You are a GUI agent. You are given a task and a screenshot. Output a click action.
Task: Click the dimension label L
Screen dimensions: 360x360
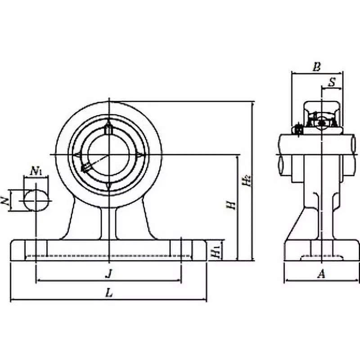click(108, 292)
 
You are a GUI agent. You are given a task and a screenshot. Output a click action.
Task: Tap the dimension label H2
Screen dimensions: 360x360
click(245, 180)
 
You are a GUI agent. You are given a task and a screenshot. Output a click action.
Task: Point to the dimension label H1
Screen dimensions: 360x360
click(216, 251)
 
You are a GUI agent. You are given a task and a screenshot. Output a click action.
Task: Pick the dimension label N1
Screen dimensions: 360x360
click(36, 171)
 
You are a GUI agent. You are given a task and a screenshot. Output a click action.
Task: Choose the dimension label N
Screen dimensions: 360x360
click(6, 201)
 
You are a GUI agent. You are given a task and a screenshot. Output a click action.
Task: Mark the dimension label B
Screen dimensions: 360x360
click(316, 67)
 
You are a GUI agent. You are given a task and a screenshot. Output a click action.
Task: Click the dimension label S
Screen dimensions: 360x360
click(332, 82)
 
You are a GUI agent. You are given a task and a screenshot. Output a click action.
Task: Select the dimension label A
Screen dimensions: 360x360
click(321, 273)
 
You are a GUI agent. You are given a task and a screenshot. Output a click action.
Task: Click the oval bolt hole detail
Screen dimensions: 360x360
click(36, 200)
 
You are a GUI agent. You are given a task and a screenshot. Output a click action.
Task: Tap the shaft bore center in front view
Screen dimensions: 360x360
click(108, 155)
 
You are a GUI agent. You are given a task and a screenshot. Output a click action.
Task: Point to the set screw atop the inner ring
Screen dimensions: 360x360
click(108, 129)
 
